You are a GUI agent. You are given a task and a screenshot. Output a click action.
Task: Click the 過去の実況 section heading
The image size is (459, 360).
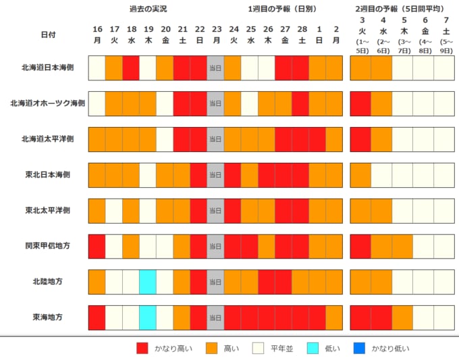[x=148, y=9]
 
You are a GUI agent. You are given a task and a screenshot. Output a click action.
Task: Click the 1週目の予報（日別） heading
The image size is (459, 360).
[x=282, y=9]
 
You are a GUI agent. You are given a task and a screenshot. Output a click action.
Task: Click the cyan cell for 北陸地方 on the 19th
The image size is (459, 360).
[x=148, y=282]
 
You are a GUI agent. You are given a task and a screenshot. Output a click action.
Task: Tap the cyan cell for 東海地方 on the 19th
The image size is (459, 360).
[x=148, y=317]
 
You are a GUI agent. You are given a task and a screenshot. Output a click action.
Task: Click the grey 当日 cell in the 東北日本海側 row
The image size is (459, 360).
[x=215, y=175]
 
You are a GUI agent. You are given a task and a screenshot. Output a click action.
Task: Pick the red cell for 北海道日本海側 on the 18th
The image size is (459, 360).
[x=131, y=68]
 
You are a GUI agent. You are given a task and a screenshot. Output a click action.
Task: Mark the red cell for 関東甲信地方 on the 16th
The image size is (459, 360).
[x=97, y=246]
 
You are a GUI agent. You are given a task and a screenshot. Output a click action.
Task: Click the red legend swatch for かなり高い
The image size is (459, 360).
[x=142, y=349]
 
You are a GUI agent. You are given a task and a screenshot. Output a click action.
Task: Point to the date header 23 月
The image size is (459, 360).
[x=216, y=34]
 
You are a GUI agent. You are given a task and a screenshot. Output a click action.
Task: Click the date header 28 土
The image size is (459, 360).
[x=300, y=34]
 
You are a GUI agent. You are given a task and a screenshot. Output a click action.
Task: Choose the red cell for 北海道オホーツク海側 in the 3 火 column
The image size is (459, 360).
[x=361, y=103]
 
